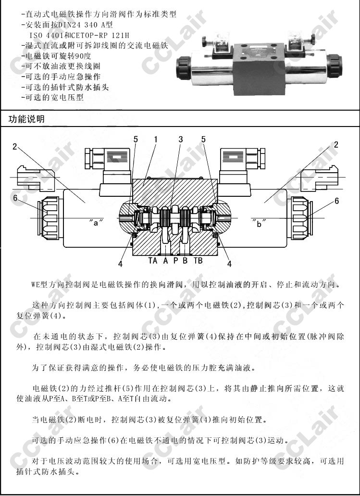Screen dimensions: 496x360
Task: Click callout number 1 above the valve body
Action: point(156,140)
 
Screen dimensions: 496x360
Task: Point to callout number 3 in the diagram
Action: point(181,140)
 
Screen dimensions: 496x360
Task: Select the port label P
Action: point(175,261)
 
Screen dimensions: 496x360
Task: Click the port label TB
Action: point(198,261)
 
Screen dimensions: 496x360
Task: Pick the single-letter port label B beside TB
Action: point(185,261)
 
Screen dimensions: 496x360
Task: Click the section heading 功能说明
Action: point(26,119)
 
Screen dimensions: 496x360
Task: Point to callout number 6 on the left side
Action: point(15,198)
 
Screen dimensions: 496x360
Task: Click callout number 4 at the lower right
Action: point(229,263)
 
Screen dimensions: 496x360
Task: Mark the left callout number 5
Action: point(136,140)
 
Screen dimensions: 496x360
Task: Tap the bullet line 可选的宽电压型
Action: point(55,97)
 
